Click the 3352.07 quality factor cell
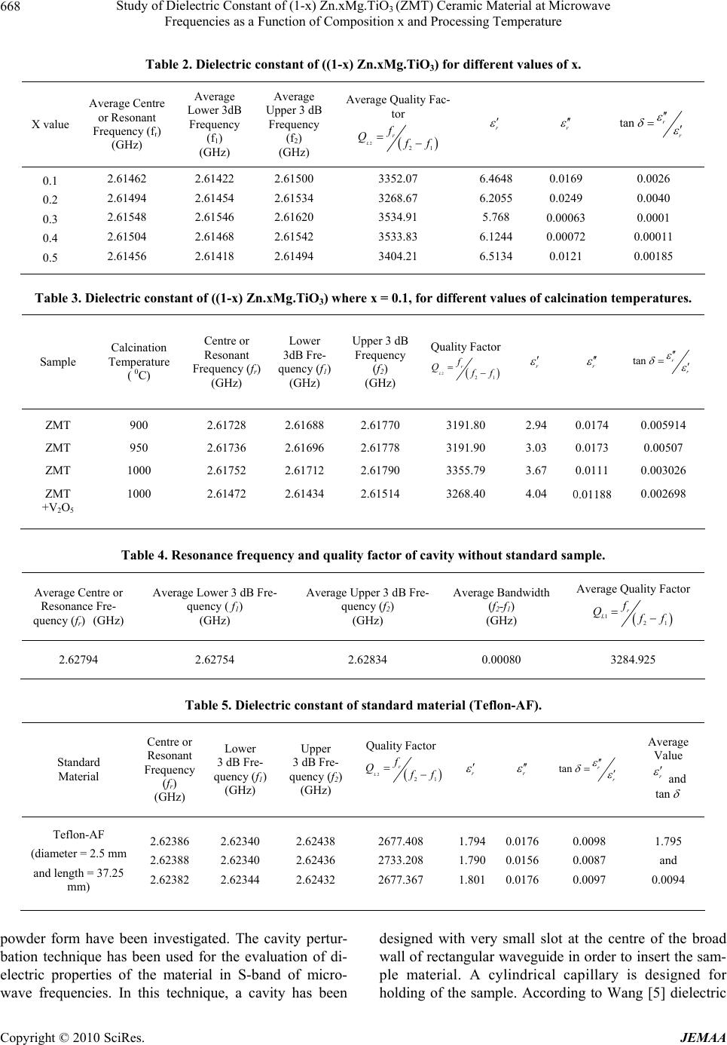pyautogui.click(x=396, y=179)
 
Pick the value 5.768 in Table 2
pyautogui.click(x=495, y=219)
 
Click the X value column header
pyautogui.click(x=50, y=124)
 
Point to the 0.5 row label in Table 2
pyautogui.click(x=50, y=257)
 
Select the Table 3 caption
pyautogui.click(x=363, y=298)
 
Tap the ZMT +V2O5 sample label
pyautogui.click(x=58, y=501)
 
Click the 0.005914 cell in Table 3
pyautogui.click(x=663, y=425)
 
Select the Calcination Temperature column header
pyautogui.click(x=139, y=361)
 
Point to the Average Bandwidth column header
pyautogui.click(x=501, y=606)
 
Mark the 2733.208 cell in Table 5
pyautogui.click(x=403, y=860)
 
